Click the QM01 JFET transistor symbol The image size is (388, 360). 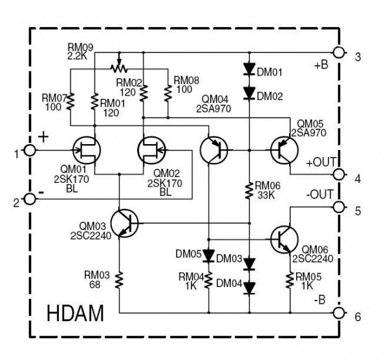[87, 151]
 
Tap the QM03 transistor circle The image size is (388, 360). [124, 223]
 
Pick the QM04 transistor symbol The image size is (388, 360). [213, 150]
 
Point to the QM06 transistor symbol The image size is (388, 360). [285, 238]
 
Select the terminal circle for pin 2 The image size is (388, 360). [28, 199]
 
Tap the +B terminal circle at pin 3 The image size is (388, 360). [338, 52]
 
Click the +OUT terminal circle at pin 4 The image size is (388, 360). [338, 175]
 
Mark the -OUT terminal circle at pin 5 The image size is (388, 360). [338, 207]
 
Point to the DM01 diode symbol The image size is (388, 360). [249, 68]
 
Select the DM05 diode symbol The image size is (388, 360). [208, 255]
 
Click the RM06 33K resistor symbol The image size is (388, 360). [249, 191]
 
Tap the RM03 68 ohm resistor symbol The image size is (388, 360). [120, 279]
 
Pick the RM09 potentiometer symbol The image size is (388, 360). [118, 67]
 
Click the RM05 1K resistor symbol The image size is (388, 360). [288, 279]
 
